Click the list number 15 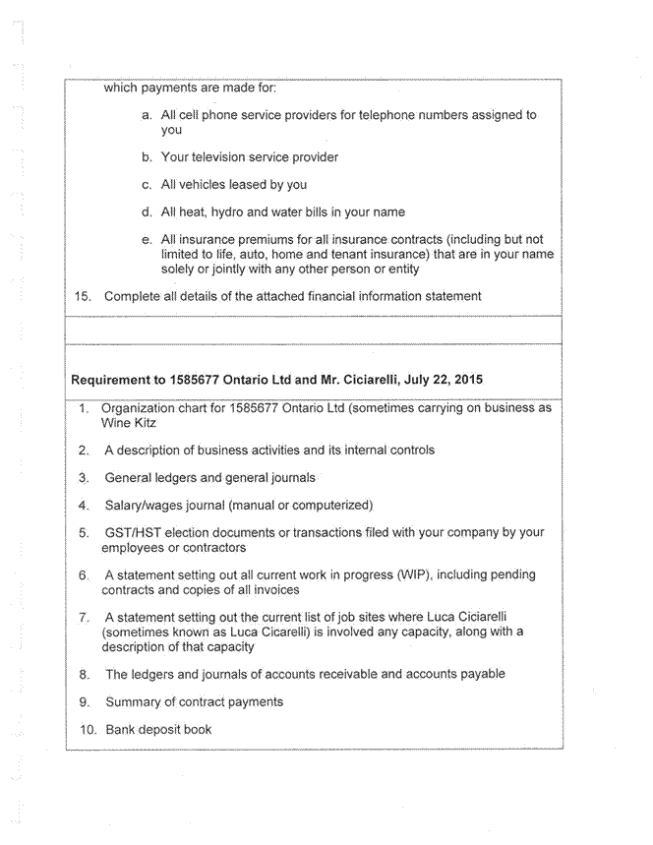83,296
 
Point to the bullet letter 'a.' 147,115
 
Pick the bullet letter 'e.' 147,240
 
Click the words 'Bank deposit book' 158,730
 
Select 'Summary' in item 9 135,702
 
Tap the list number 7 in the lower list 85,618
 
